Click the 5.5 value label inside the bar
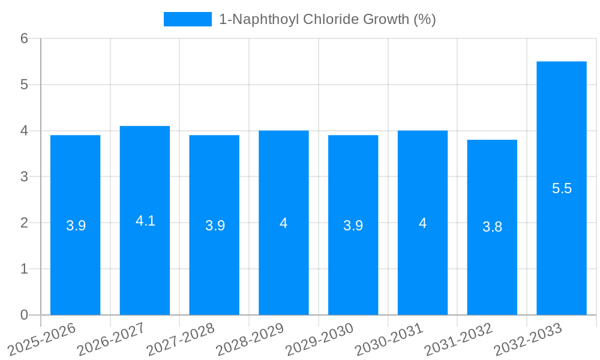pyautogui.click(x=562, y=188)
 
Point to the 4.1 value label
pyautogui.click(x=145, y=221)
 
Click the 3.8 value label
pyautogui.click(x=492, y=227)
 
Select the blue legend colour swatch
pyautogui.click(x=187, y=19)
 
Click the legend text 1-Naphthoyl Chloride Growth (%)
pyautogui.click(x=327, y=19)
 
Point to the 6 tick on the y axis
pyautogui.click(x=24, y=38)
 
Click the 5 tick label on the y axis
pyautogui.click(x=24, y=85)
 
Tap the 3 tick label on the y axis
pyautogui.click(x=24, y=177)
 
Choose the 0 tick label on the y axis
pyautogui.click(x=24, y=315)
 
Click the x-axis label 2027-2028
pyautogui.click(x=181, y=339)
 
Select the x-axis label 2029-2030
pyautogui.click(x=319, y=339)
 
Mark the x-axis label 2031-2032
pyautogui.click(x=458, y=339)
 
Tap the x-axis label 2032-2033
pyautogui.click(x=528, y=339)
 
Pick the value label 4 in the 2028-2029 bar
pyautogui.click(x=284, y=223)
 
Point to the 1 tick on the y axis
pyautogui.click(x=24, y=269)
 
